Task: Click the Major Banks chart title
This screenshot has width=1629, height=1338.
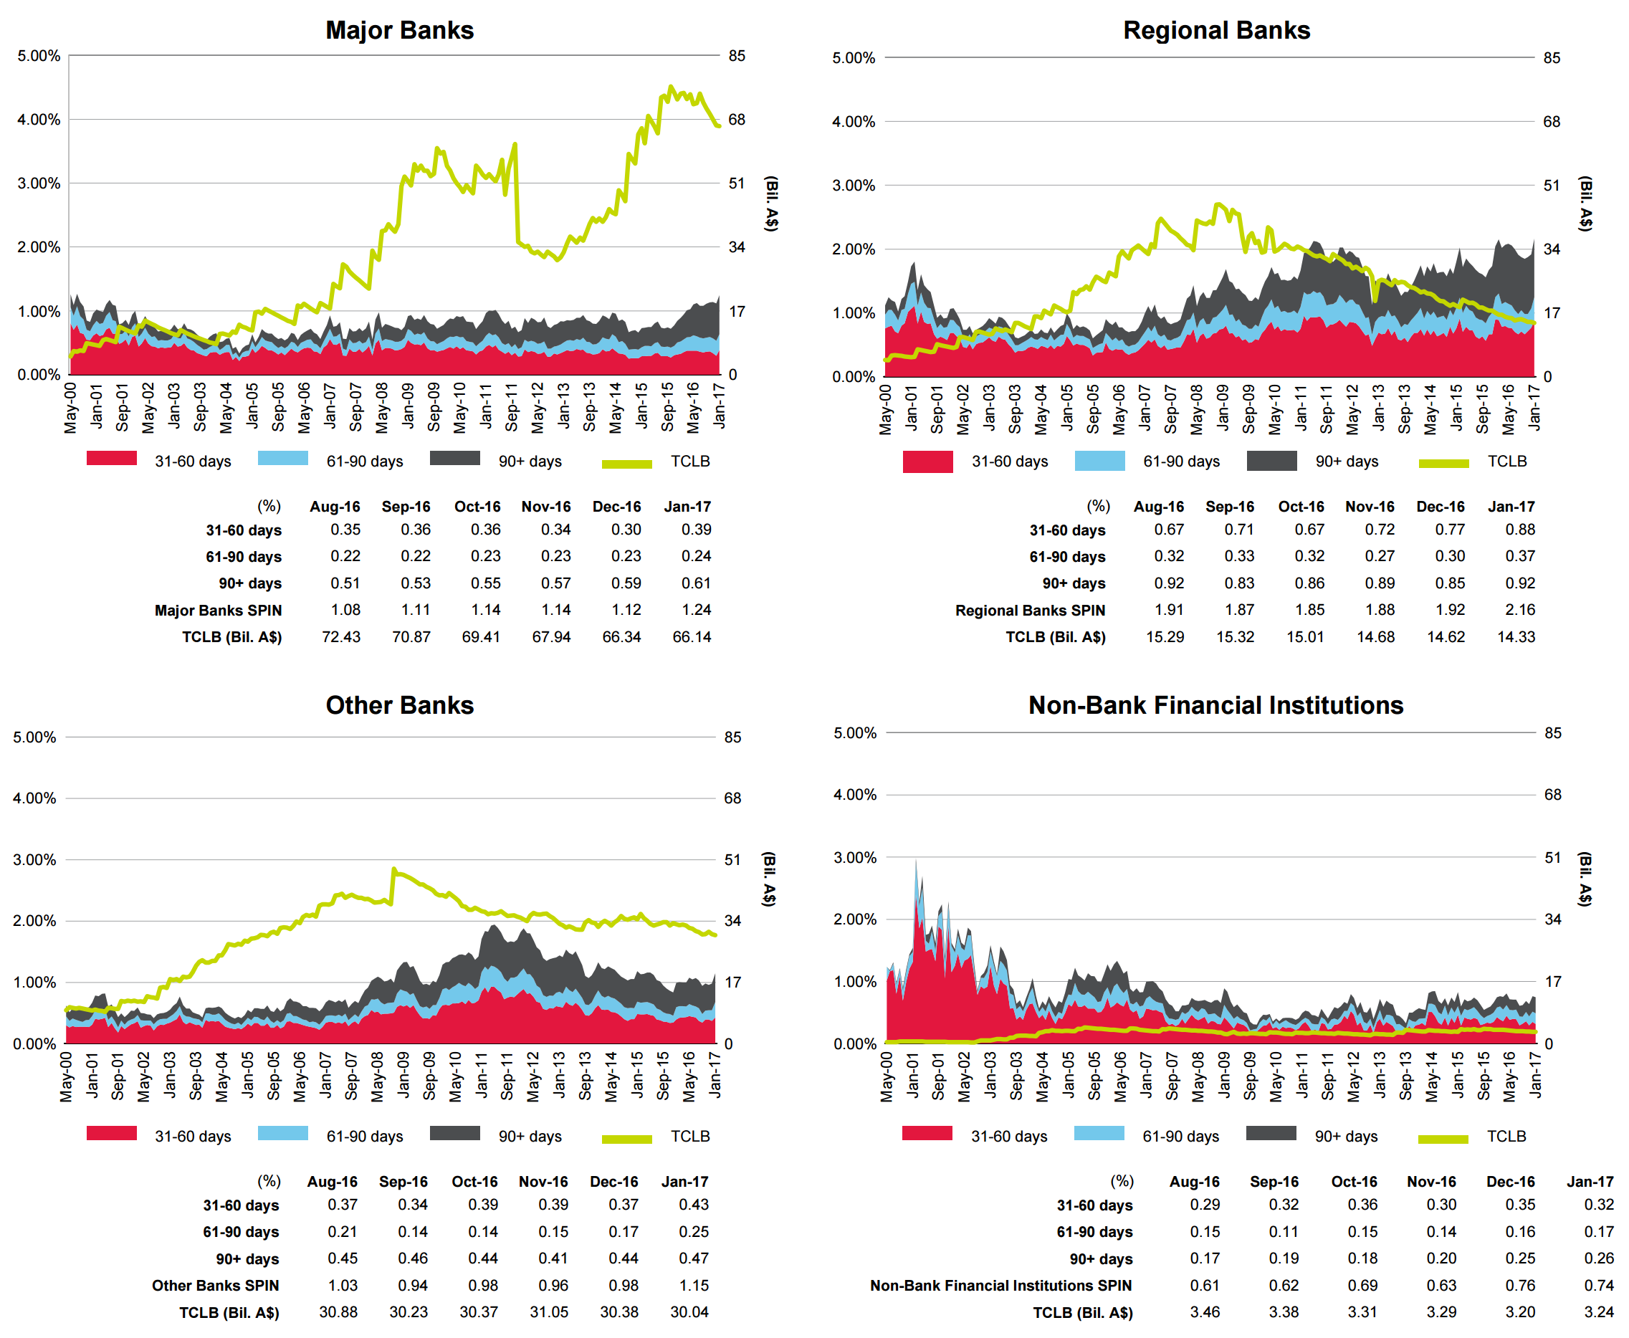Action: click(399, 30)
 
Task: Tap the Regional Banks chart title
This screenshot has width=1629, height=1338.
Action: click(1216, 30)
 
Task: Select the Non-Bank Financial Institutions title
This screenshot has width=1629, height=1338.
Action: click(1215, 705)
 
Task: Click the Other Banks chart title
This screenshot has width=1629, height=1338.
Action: click(399, 705)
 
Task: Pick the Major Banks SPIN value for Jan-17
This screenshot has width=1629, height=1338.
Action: click(696, 610)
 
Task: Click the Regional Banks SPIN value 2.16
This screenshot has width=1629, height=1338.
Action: click(1519, 610)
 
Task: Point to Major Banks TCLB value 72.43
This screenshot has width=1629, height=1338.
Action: click(340, 636)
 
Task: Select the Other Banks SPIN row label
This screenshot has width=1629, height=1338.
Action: click(215, 1285)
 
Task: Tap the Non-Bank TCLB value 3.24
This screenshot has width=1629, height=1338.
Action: click(1598, 1311)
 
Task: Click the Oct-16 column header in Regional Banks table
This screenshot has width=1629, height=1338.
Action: click(1301, 507)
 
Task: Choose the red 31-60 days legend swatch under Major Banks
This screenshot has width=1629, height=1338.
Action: click(112, 459)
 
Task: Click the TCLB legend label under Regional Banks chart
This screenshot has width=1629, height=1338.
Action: click(1506, 461)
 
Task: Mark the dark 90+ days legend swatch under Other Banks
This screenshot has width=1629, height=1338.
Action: click(454, 1133)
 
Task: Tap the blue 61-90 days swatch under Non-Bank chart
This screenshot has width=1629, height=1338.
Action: click(1099, 1133)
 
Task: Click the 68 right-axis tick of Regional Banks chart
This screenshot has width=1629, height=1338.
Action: click(1551, 122)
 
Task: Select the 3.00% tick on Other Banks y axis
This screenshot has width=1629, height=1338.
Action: click(34, 859)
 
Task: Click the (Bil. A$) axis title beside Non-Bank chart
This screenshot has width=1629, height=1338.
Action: click(1585, 879)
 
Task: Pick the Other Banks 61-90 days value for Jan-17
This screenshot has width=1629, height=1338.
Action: click(694, 1232)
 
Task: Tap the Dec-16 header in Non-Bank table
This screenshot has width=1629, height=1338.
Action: click(1510, 1182)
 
